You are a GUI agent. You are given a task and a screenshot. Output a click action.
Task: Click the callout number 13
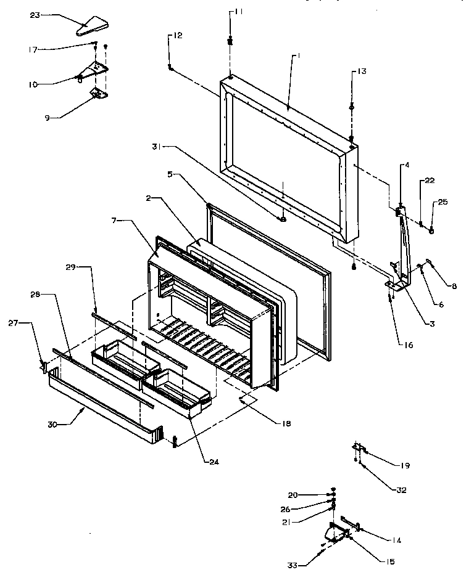(362, 72)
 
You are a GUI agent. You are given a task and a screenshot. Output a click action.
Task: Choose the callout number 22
(429, 181)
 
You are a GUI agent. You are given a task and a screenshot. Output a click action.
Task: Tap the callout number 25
(443, 202)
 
